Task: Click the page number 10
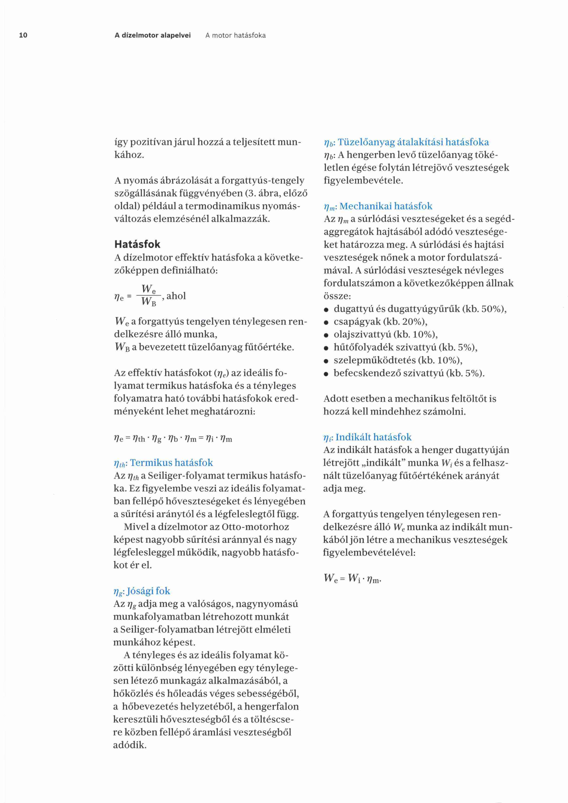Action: [23, 35]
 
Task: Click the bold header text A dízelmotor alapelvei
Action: [153, 35]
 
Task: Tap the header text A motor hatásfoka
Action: [235, 35]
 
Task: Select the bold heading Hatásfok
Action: [137, 244]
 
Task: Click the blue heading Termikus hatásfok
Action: [171, 463]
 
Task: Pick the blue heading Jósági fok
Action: [148, 591]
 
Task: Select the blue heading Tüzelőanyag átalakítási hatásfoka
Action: [413, 142]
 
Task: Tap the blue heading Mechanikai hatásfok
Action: [386, 206]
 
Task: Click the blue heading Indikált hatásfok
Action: [373, 437]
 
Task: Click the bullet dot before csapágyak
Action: [326, 322]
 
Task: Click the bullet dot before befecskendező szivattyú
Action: [326, 374]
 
